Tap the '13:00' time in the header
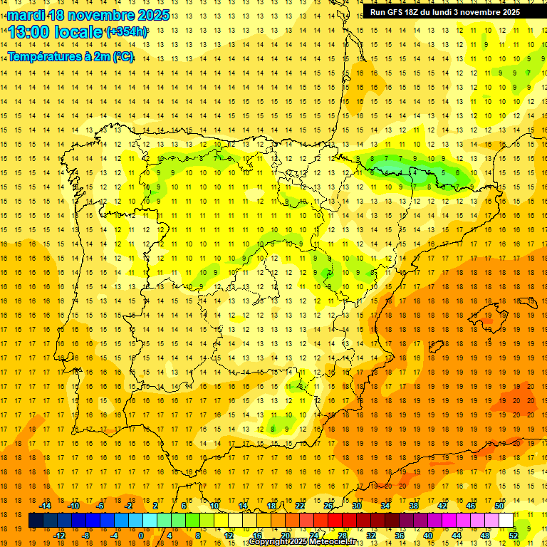click(x=28, y=32)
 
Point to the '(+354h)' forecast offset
click(x=126, y=32)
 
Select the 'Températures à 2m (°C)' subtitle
click(x=71, y=57)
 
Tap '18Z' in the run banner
click(x=418, y=12)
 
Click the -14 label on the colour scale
click(x=45, y=506)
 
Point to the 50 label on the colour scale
click(x=499, y=506)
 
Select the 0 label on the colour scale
click(x=140, y=536)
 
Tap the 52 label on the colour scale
click(x=514, y=536)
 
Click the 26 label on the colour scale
click(x=328, y=506)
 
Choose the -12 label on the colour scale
click(x=59, y=536)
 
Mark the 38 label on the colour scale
click(x=414, y=506)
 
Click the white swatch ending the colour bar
click(x=506, y=521)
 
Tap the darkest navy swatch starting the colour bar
click(x=36, y=521)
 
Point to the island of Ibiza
click(x=436, y=347)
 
